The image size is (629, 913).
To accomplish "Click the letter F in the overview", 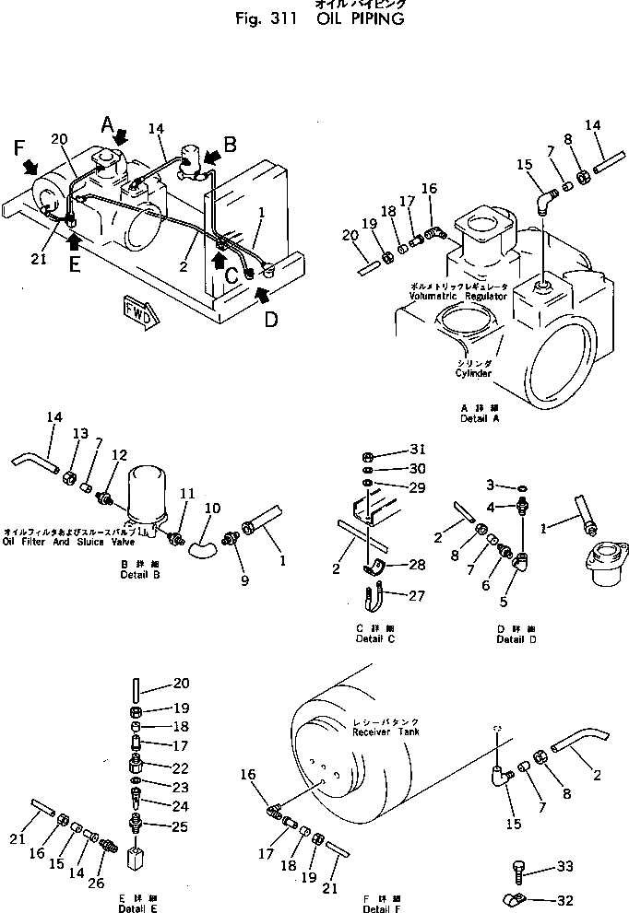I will click(18, 147).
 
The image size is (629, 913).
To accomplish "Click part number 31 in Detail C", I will click(420, 451).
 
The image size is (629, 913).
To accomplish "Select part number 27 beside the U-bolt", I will click(417, 596).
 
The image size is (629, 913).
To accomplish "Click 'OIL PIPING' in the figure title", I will click(360, 19).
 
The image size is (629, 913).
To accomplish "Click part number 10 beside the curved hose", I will click(211, 508).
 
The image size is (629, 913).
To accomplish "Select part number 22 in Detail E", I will click(180, 768).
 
